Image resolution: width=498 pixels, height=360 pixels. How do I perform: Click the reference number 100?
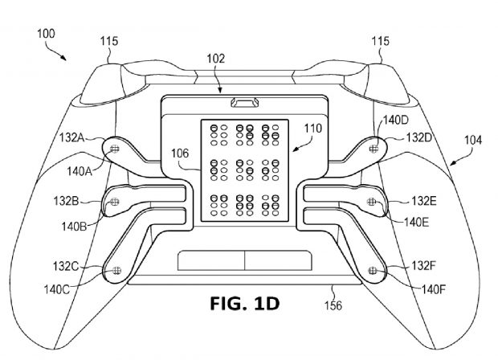46,34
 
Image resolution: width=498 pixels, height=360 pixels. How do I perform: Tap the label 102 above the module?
215,59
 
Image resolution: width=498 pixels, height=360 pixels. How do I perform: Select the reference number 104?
473,140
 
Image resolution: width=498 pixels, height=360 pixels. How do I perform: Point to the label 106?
180,153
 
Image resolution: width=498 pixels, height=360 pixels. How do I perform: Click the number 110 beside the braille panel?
313,129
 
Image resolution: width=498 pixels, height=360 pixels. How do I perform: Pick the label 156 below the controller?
333,305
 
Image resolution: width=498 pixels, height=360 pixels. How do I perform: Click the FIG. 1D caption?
245,304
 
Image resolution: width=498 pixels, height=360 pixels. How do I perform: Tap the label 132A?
71,137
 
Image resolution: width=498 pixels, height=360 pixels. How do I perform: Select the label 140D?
396,120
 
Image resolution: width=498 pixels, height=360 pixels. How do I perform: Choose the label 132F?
424,265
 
